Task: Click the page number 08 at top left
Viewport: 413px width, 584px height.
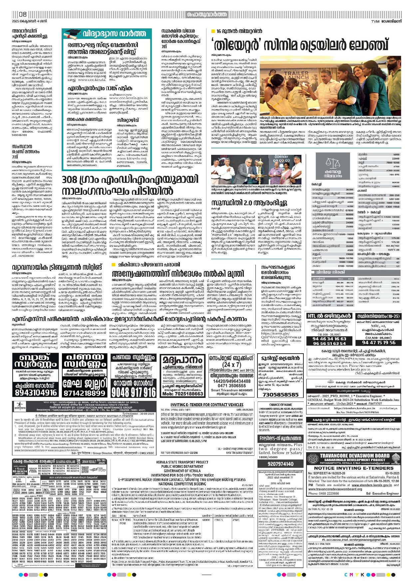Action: click(x=23, y=14)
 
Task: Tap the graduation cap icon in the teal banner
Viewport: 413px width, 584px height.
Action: click(x=72, y=34)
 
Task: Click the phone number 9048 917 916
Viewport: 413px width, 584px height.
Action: click(x=134, y=392)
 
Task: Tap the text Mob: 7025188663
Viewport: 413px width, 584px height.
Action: click(x=182, y=394)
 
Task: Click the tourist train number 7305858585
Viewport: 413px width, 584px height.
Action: click(x=280, y=395)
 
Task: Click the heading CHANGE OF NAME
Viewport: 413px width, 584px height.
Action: click(x=280, y=405)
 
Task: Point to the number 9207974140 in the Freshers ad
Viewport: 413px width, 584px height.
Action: click(x=280, y=464)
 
